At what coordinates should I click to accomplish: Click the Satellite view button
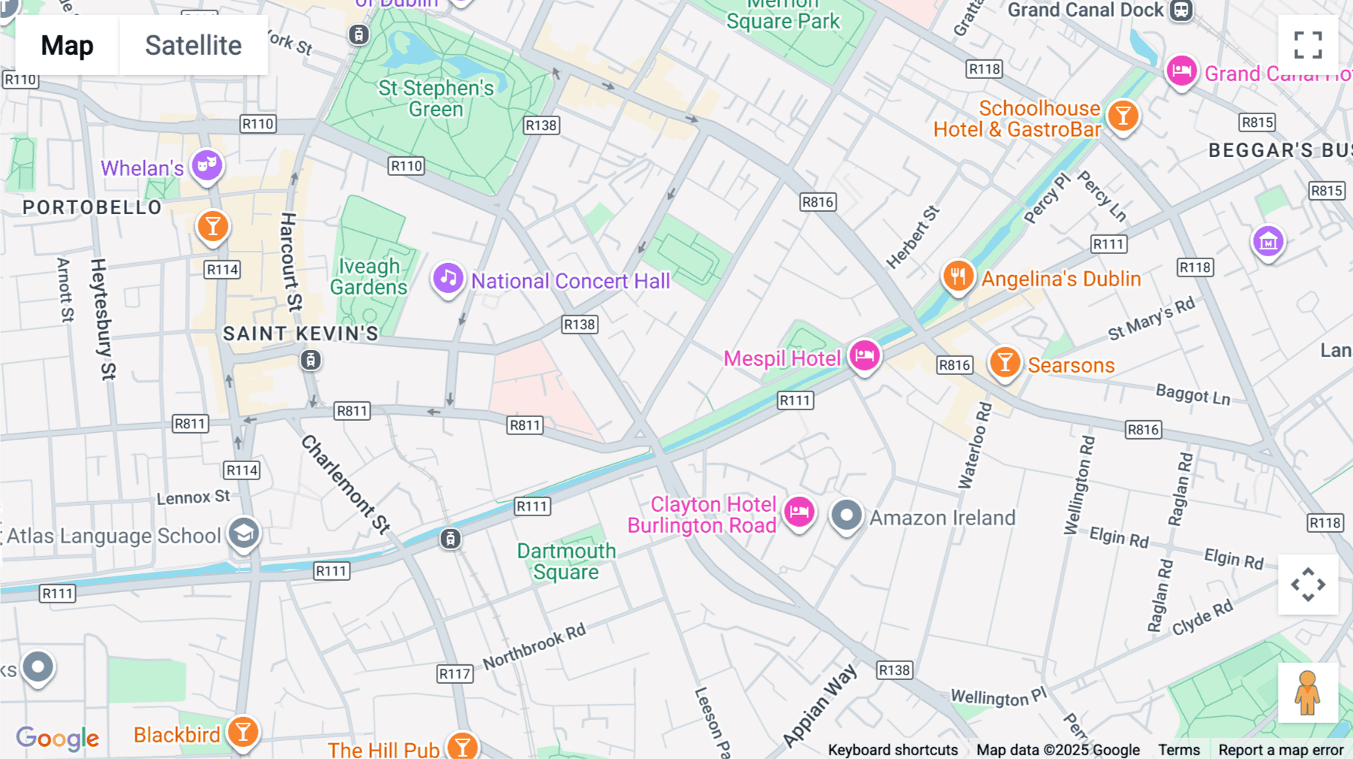coord(193,46)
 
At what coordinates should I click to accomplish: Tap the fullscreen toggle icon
coord(1308,45)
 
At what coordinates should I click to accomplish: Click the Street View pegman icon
coord(1307,693)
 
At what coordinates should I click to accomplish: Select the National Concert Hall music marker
coord(448,279)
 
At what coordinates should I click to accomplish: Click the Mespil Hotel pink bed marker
coord(864,355)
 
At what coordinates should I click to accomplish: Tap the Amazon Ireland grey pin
coord(846,516)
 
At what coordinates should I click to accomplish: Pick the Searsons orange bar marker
coord(1004,362)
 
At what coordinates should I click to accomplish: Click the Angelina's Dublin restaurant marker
coord(958,277)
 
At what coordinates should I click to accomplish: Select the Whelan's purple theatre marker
coord(207,165)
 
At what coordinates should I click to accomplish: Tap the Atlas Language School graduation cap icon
coord(244,533)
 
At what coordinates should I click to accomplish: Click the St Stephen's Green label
coord(436,98)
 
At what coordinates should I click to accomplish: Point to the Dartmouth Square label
coord(566,561)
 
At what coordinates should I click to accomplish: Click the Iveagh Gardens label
coord(368,277)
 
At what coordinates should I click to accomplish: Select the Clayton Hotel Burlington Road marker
coord(799,513)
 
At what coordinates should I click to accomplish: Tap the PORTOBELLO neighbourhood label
coord(92,207)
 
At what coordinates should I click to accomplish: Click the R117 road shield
coord(455,673)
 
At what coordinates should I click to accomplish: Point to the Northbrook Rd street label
coord(534,647)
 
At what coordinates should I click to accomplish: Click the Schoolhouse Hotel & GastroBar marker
coord(1123,116)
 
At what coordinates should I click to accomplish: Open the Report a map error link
coord(1281,749)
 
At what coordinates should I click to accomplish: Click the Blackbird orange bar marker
coord(243,731)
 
